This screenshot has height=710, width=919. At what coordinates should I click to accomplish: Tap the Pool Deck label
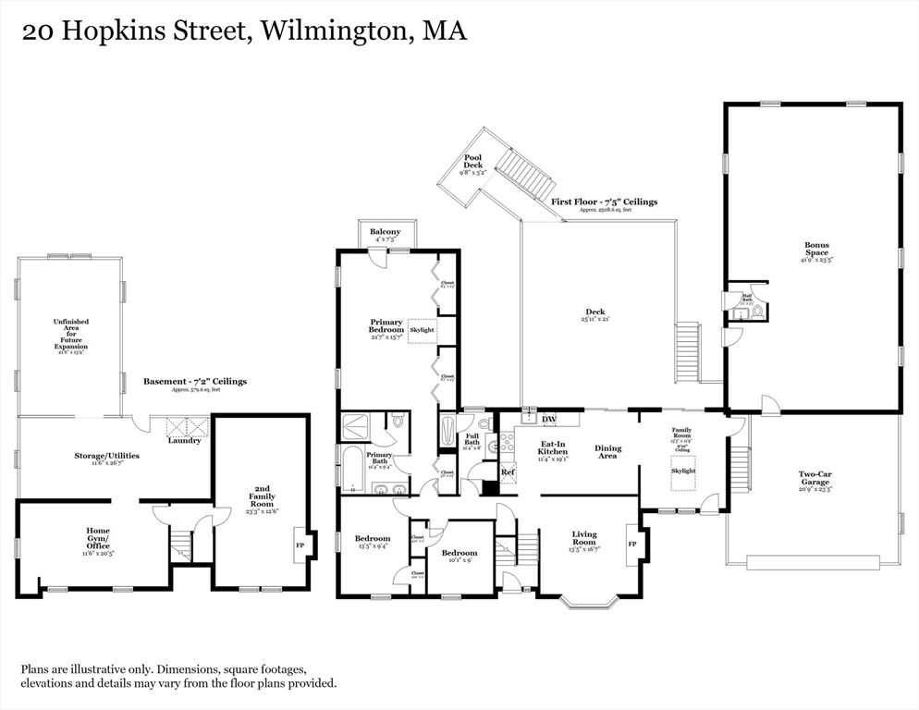[473, 163]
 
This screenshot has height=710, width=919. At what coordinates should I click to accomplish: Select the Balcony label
[385, 232]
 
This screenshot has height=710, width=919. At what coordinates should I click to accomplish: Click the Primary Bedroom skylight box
[421, 330]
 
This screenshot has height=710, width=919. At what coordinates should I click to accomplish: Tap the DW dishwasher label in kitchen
[549, 420]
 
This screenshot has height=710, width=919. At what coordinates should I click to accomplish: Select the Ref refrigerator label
[508, 472]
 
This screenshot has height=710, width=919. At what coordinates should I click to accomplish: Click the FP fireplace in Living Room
[632, 544]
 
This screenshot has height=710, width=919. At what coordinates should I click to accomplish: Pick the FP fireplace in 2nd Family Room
[300, 545]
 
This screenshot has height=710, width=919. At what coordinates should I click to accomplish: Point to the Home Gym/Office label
[98, 538]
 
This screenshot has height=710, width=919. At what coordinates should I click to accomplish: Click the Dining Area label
[607, 452]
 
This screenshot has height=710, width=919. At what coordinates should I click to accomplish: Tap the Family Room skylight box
[683, 471]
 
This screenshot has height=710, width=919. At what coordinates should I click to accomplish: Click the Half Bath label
[747, 298]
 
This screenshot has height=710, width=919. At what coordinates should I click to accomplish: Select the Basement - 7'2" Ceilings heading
[195, 381]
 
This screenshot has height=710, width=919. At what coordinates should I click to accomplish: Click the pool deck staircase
[518, 172]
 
